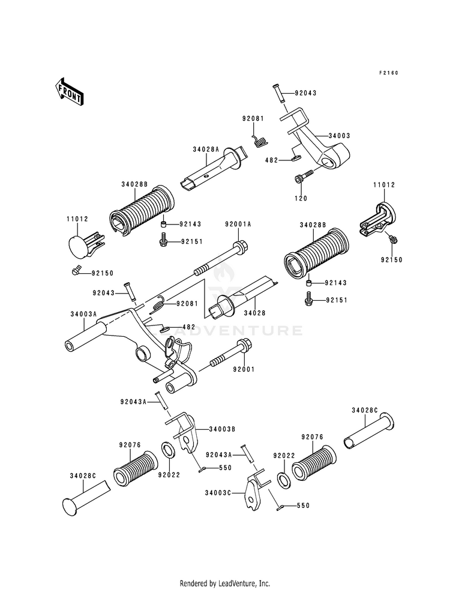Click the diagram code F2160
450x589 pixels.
[x=388, y=73]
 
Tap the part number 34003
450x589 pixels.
[x=339, y=136]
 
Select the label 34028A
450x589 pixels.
[x=206, y=150]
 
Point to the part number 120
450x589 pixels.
[x=301, y=198]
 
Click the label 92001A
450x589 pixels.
[x=238, y=225]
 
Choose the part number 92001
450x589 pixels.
[x=244, y=369]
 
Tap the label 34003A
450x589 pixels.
[x=83, y=314]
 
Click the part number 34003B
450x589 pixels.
[x=222, y=429]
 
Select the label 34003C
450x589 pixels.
[x=218, y=492]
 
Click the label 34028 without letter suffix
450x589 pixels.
[x=254, y=313]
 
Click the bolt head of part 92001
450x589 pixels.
[x=244, y=345]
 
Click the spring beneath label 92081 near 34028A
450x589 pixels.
[x=260, y=140]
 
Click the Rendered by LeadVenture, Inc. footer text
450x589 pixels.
[x=225, y=584]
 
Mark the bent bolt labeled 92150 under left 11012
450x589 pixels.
[x=76, y=270]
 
